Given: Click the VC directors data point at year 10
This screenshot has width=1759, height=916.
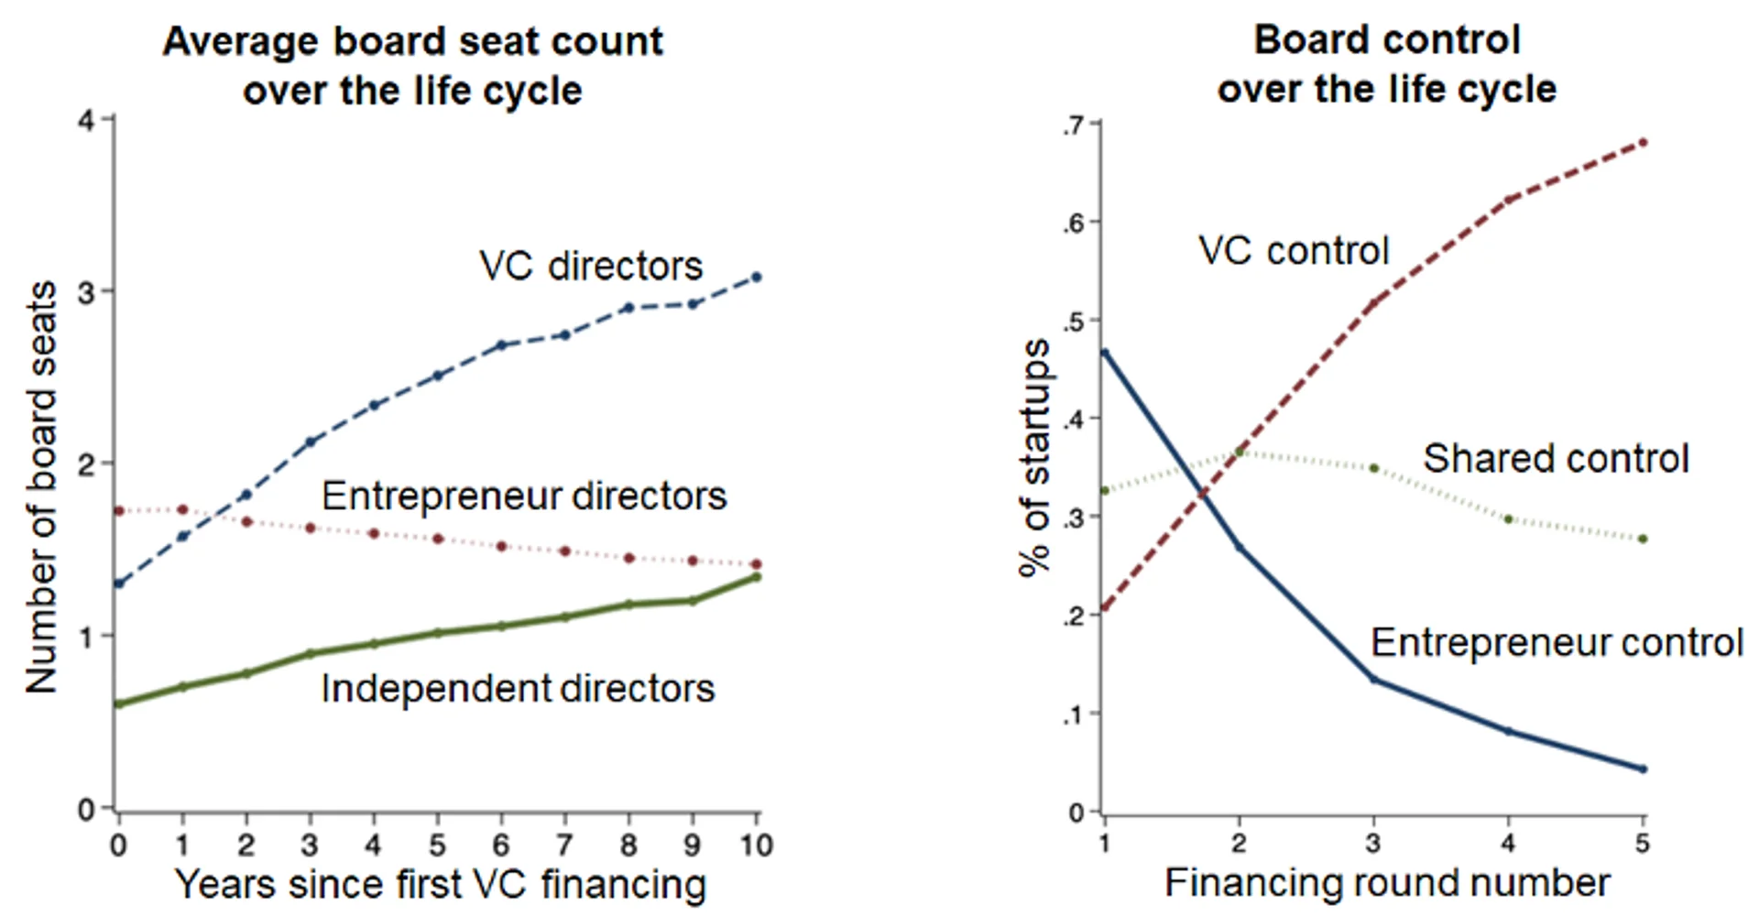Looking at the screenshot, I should click(756, 277).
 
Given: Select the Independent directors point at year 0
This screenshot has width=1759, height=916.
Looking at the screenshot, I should click(118, 703).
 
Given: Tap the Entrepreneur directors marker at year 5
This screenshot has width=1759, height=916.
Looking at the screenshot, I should click(437, 539).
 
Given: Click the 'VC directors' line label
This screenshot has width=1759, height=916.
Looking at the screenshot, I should click(591, 267).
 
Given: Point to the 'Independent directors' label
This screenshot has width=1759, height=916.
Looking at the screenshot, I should click(517, 689).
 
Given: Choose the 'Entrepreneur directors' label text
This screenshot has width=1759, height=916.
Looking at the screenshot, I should click(523, 496).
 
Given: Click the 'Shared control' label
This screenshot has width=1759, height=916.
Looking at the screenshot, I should click(1556, 458).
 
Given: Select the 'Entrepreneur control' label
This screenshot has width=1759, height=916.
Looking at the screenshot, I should click(1557, 643).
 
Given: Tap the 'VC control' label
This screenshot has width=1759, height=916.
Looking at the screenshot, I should click(1294, 251).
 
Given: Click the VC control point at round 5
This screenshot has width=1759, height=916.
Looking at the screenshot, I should click(1643, 142).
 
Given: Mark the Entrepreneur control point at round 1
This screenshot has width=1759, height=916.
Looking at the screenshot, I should click(1105, 352).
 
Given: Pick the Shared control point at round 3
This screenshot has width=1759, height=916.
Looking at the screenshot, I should click(1373, 468).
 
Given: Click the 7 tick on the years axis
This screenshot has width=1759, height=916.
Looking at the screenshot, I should click(564, 845).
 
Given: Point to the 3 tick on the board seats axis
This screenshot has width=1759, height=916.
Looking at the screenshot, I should click(87, 292).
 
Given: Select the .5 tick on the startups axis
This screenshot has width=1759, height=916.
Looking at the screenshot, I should click(1073, 322).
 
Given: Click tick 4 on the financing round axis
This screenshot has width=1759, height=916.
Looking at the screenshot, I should click(1508, 843).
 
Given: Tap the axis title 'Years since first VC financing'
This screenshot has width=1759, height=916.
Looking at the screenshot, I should click(440, 885).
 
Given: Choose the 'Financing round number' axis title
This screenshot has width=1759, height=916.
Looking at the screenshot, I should click(1387, 883).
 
